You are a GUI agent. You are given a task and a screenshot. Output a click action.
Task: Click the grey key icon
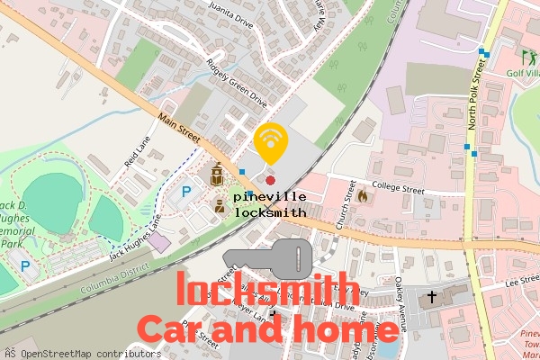click(x=270, y=258)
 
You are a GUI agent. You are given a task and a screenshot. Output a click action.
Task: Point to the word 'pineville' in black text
click(x=269, y=196)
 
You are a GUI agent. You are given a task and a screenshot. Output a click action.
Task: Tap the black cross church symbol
click(x=432, y=295)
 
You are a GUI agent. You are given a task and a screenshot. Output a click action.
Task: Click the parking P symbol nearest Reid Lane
click(x=187, y=191)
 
